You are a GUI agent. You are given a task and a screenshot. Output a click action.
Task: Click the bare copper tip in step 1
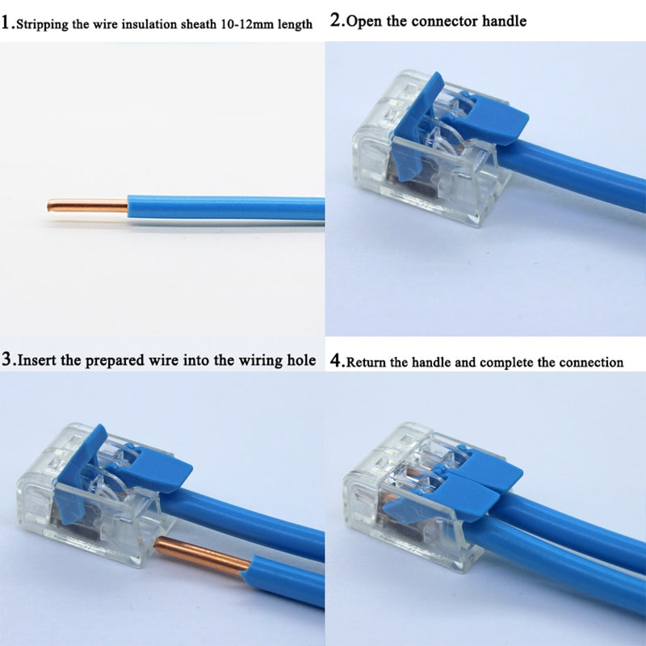87,205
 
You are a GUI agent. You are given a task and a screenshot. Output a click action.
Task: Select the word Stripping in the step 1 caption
43,24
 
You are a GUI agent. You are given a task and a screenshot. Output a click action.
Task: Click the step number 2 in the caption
336,20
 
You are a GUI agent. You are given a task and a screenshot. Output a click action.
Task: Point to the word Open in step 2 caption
364,21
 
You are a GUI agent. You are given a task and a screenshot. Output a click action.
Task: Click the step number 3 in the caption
7,359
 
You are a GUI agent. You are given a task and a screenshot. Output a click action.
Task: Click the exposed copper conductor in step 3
202,556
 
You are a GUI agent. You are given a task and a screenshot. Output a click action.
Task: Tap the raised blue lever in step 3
80,474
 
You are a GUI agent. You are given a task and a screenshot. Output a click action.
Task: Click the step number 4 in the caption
336,361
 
